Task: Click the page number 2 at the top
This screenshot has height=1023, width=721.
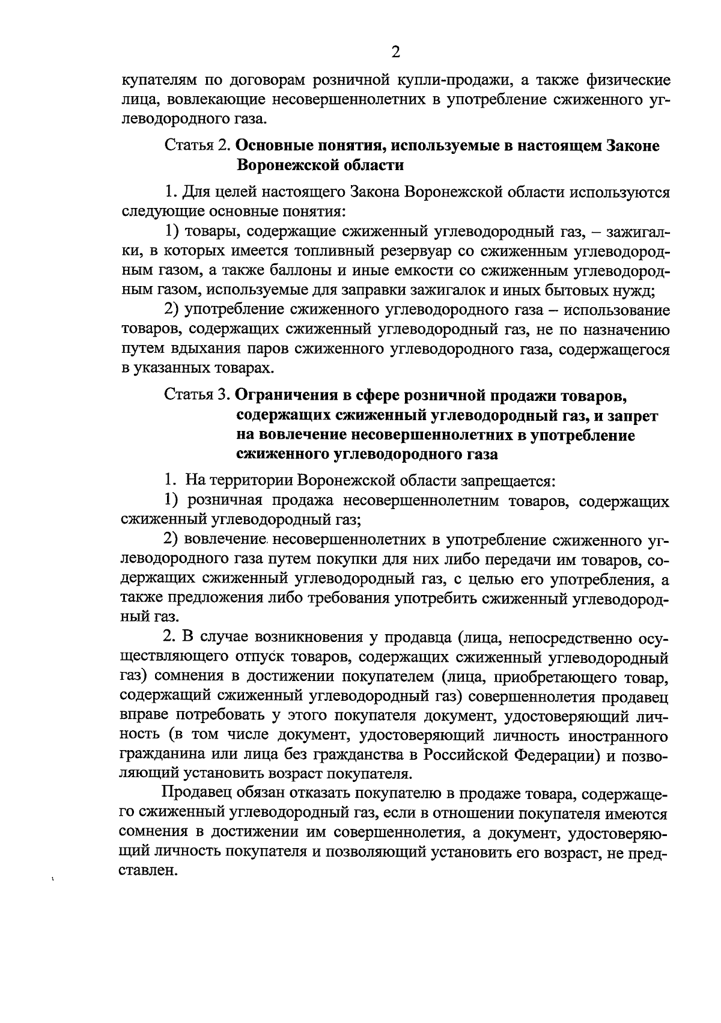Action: (395, 52)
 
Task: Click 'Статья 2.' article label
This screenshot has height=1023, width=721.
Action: (196, 145)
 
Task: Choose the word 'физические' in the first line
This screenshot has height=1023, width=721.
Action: (624, 79)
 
